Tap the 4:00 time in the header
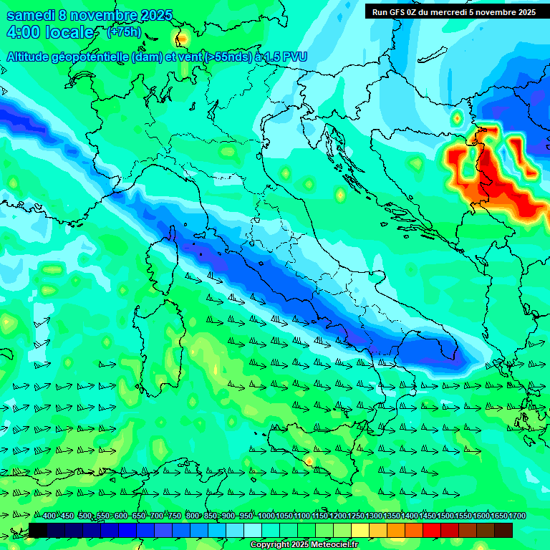coord(24,33)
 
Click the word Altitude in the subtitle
coord(32,57)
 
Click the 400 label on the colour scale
coord(49,516)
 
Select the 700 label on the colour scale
coord(156,516)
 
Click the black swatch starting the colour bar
coord(38,530)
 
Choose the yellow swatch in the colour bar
coord(360,530)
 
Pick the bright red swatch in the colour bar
coord(432,530)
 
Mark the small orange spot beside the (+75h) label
coord(182,37)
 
